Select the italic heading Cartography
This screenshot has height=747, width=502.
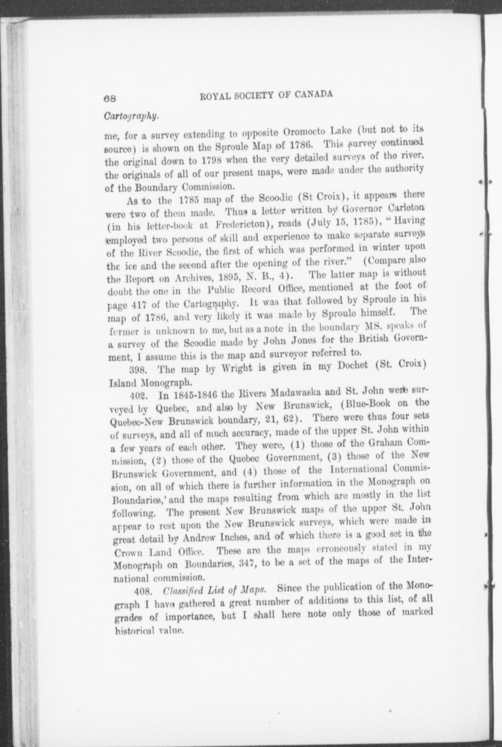131,116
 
